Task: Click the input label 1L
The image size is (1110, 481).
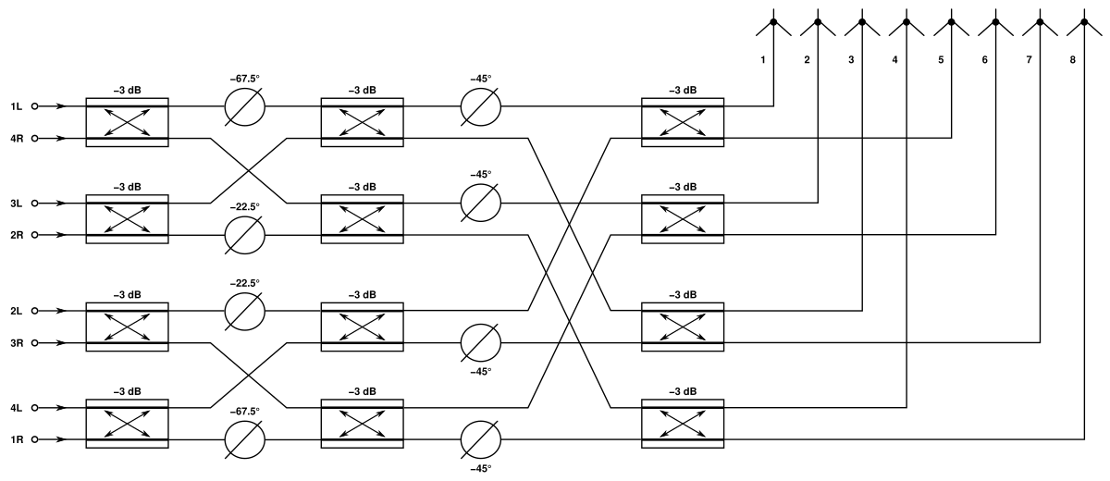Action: click(15, 106)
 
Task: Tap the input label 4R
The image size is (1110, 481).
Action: click(15, 139)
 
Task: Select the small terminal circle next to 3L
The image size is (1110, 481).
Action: click(34, 203)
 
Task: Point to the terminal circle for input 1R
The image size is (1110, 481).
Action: click(34, 440)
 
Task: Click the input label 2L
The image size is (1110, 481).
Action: click(15, 311)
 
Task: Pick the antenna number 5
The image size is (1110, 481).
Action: click(940, 60)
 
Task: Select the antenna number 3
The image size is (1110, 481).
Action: click(851, 60)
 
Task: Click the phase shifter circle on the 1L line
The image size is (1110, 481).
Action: click(245, 106)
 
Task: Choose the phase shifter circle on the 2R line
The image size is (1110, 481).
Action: click(245, 236)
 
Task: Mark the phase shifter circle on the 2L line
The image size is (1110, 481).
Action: click(245, 310)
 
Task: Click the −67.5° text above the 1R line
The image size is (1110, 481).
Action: click(245, 411)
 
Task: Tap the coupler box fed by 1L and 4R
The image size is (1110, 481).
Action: click(127, 122)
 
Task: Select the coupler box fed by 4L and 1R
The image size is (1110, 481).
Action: click(127, 423)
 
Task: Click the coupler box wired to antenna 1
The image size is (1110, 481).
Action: click(683, 122)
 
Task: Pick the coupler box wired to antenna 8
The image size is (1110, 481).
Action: click(683, 423)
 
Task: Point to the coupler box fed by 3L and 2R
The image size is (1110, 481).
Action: click(127, 219)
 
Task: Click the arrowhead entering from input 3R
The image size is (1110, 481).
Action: click(61, 343)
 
